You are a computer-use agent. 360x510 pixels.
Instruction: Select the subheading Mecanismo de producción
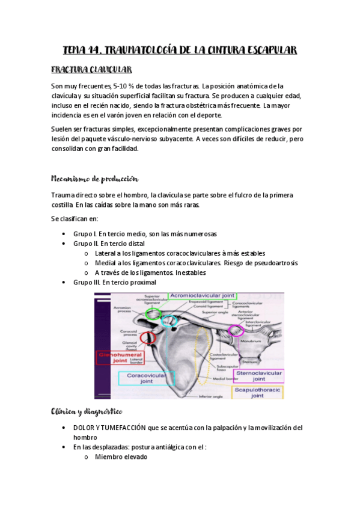point(94,179)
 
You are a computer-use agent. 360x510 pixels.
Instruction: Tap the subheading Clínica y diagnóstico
point(87,395)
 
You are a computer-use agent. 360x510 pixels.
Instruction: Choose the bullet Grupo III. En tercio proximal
point(114,282)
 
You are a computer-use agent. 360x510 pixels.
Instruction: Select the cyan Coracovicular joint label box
point(146,378)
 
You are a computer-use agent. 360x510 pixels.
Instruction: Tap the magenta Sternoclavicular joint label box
point(258,376)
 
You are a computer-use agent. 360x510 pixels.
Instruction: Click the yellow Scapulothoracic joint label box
point(258,393)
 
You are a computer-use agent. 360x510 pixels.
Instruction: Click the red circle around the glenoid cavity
point(148,338)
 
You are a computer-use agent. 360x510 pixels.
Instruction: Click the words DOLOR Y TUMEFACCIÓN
point(110,428)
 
